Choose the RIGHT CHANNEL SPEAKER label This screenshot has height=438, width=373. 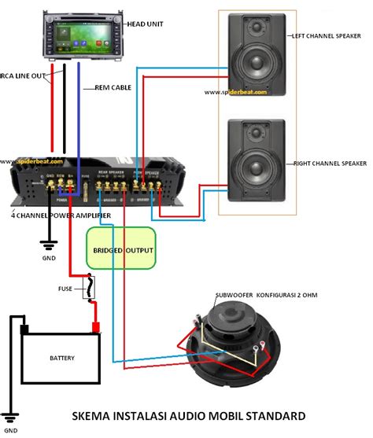pos(331,164)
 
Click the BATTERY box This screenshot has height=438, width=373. pos(62,358)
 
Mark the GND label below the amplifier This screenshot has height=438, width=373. pos(49,256)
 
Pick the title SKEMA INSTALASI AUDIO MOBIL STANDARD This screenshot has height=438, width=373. pos(188,415)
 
